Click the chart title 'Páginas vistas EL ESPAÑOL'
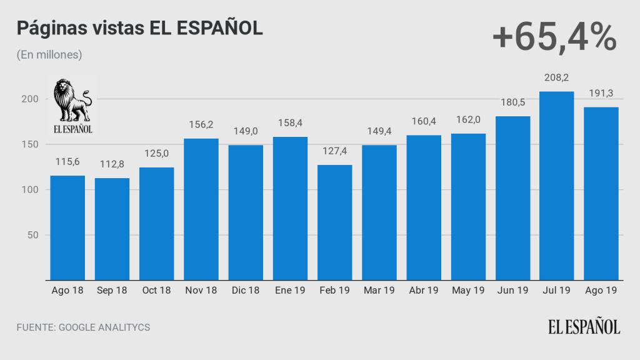pos(139,29)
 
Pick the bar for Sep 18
pos(112,229)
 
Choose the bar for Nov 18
pos(201,209)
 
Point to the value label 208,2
pos(556,79)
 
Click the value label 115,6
pos(67,162)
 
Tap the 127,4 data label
pos(334,152)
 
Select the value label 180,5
pos(512,103)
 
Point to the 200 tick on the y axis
pos(33,99)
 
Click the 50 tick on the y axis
pos(35,235)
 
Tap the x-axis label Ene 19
pos(290,291)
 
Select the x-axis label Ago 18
pos(67,291)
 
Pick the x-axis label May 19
pos(467,291)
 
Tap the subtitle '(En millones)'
pos(49,55)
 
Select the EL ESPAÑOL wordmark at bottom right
pos(584,326)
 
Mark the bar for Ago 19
pos(601,194)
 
